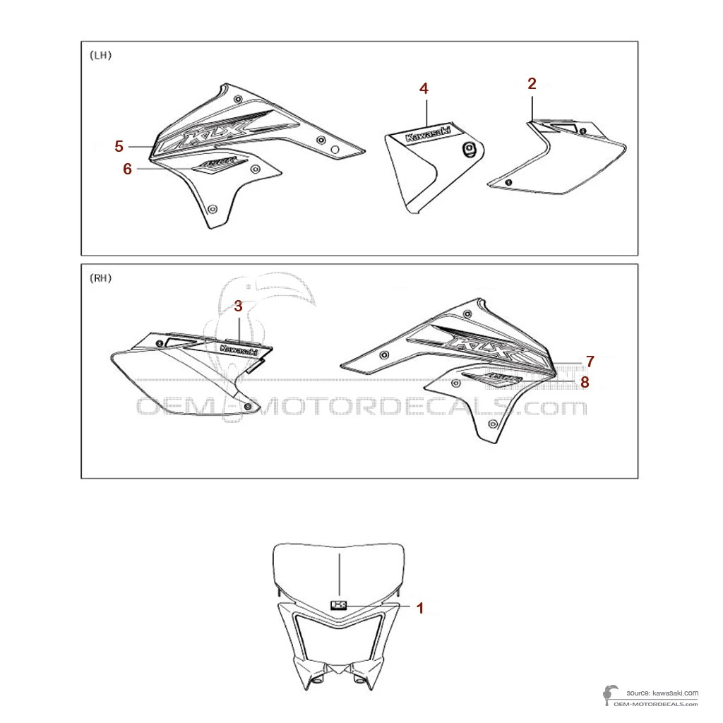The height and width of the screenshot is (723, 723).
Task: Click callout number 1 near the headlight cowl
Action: [x=420, y=607]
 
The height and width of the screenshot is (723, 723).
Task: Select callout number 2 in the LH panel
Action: [x=532, y=83]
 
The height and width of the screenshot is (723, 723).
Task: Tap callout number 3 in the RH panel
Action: [x=238, y=306]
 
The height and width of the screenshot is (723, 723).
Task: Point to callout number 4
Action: [x=424, y=88]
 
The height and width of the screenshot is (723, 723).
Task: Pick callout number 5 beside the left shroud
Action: [x=119, y=146]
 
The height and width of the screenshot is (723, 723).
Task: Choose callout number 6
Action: [x=127, y=169]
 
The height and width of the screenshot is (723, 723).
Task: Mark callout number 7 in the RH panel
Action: [x=590, y=361]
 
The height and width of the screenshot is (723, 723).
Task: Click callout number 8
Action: [x=585, y=383]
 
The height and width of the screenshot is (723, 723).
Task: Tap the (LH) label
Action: [x=101, y=54]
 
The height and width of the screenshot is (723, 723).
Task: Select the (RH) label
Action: [x=101, y=277]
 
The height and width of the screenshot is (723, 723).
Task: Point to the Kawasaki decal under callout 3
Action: [x=239, y=349]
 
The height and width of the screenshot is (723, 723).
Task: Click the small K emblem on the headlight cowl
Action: [x=340, y=604]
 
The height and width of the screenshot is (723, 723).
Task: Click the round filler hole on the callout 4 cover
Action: [x=470, y=148]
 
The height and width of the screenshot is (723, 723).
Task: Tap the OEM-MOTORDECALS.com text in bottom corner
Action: [x=657, y=704]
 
